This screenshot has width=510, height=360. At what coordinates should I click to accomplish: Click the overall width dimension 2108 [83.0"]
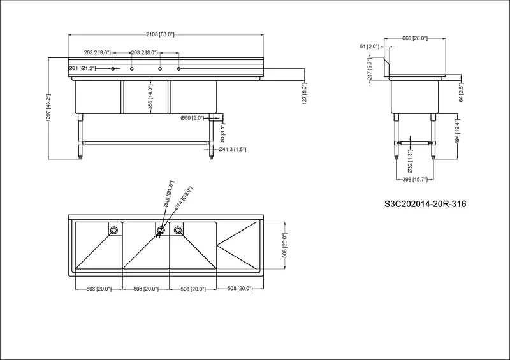[160, 34]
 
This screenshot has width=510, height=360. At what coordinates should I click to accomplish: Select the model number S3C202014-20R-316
[425, 204]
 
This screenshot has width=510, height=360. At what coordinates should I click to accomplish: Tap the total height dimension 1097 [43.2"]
[48, 108]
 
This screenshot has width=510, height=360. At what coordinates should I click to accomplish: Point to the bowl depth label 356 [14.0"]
[150, 97]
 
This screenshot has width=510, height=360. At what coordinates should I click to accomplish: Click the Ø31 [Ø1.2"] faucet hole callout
[82, 68]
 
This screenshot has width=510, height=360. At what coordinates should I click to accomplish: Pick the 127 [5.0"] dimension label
[305, 93]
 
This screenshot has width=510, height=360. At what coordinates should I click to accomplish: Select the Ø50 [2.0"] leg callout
[193, 118]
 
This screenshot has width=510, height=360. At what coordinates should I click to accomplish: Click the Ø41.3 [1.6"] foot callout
[232, 149]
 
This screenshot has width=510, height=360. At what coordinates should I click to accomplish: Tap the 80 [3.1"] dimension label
[222, 133]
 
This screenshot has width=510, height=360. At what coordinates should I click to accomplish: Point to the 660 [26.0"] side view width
[415, 38]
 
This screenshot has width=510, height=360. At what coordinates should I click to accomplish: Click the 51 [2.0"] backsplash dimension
[370, 47]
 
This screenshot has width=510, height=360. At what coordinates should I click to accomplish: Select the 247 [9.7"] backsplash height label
[369, 69]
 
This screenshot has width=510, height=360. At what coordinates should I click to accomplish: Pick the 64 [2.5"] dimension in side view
[461, 92]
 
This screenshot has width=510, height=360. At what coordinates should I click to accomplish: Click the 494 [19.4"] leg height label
[457, 132]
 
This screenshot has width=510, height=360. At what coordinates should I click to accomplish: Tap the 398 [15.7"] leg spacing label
[415, 179]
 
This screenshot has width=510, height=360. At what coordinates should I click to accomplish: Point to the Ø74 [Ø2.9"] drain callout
[184, 198]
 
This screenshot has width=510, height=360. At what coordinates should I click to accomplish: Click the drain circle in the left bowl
[114, 230]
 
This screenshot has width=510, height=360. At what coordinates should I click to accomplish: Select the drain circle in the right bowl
[177, 230]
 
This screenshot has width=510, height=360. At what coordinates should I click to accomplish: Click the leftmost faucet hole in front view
[113, 69]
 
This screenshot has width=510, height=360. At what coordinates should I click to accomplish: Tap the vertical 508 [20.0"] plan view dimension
[284, 245]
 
